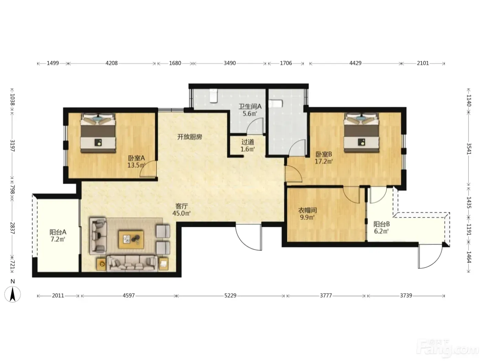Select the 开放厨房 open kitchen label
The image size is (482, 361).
click(189, 137)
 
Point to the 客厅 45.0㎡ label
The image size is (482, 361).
click(181, 210)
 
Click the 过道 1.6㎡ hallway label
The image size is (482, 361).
click(248, 145)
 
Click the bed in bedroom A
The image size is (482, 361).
click(98, 133)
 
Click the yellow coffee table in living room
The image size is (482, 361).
click(131, 239)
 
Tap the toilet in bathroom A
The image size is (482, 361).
click(213, 96)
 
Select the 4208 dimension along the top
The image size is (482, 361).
click(112, 63)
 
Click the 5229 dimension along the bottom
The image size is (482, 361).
click(230, 296)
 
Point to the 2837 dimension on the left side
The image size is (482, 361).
click(12, 228)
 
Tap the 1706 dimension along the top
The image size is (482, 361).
click(286, 63)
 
